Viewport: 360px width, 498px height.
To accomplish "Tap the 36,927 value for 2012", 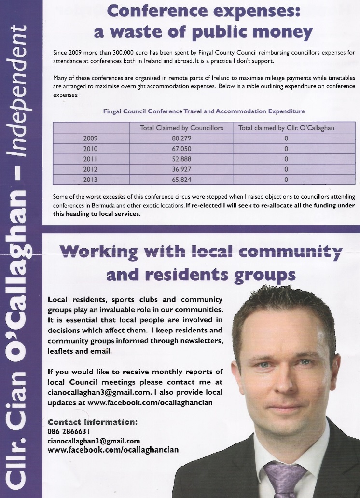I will click(181, 169).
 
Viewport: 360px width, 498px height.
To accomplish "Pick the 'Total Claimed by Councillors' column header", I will click(181, 128).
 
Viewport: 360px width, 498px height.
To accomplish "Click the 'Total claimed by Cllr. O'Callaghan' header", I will click(286, 128).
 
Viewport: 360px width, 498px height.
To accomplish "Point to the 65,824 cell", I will click(181, 180).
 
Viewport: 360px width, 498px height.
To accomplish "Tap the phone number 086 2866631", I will click(69, 431).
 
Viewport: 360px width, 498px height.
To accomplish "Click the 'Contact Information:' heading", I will click(93, 422).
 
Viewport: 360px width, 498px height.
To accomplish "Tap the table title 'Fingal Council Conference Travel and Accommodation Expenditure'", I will click(204, 111).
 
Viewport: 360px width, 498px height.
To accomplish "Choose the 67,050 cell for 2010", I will click(181, 149).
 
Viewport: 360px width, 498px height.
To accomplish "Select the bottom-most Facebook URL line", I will click(113, 450).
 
